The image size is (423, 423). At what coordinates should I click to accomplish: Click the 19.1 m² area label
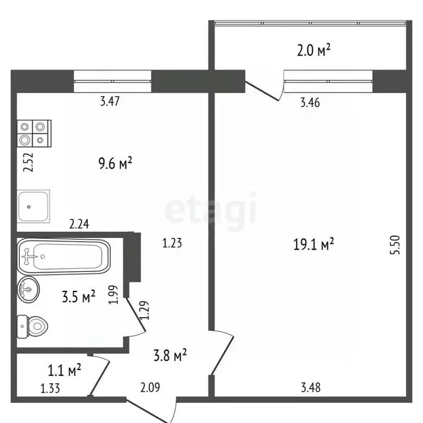click(314, 245)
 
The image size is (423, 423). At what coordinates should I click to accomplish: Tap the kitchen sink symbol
click(34, 205)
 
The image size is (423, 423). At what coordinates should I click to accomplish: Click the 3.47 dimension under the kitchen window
click(110, 101)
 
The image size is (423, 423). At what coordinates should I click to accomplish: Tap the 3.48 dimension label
click(310, 387)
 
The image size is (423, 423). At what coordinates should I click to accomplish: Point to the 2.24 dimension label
click(79, 224)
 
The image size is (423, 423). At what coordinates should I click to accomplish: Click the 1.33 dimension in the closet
click(51, 388)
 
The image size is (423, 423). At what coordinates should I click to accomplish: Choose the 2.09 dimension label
click(150, 388)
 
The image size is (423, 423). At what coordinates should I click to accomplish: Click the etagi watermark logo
click(211, 210)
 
